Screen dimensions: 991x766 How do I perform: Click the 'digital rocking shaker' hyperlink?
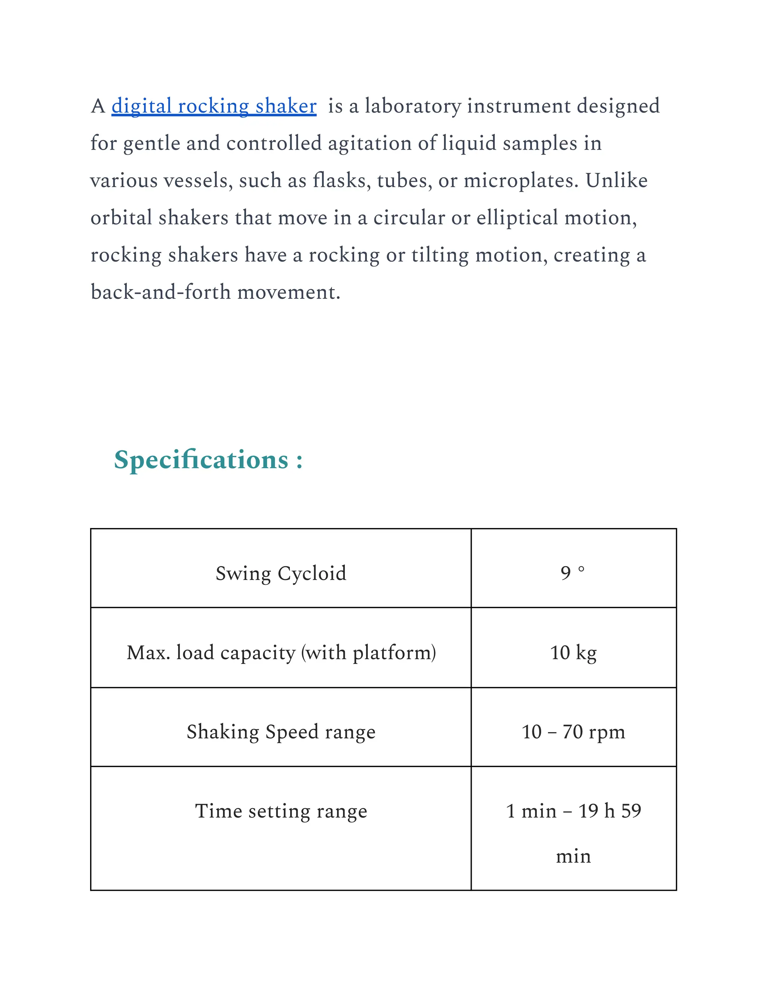point(214,106)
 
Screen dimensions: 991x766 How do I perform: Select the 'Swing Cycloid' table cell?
point(281,573)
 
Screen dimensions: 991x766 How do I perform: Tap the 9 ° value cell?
point(573,573)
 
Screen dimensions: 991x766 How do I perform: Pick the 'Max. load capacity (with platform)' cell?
point(281,653)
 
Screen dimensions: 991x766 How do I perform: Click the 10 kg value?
point(573,653)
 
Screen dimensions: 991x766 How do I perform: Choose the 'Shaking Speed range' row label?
point(281,731)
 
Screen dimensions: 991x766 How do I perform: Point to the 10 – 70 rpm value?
point(573,731)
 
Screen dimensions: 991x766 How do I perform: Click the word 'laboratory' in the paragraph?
point(413,106)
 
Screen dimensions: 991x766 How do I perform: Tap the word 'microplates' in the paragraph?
point(521,181)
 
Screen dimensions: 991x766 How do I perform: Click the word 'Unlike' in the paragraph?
point(616,181)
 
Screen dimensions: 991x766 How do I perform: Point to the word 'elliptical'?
point(517,218)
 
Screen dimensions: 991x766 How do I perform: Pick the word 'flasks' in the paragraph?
point(341,181)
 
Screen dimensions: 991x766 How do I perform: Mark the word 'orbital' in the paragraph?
point(121,218)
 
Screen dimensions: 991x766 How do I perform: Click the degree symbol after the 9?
point(581,569)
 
